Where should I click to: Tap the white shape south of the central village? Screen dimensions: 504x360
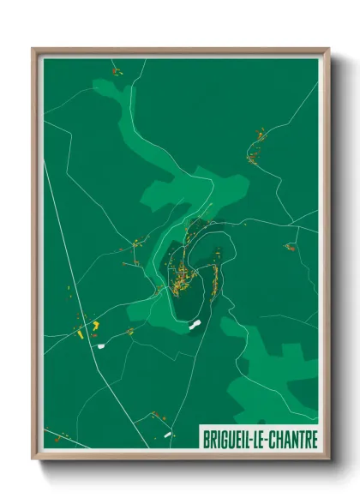(x=195, y=326)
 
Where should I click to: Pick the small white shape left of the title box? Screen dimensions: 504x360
(x=169, y=435)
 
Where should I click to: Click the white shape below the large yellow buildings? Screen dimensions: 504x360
(x=100, y=345)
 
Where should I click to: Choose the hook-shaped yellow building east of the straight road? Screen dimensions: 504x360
(x=96, y=326)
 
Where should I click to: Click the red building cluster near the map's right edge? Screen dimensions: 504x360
(x=291, y=248)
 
